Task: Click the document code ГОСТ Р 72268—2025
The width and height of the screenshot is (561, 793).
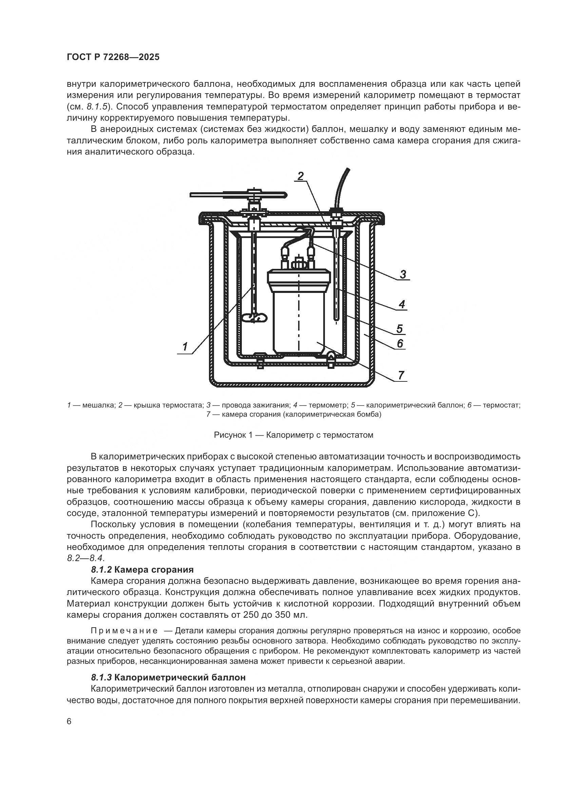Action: pyautogui.click(x=113, y=57)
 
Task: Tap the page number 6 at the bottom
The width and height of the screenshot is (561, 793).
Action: pyautogui.click(x=69, y=722)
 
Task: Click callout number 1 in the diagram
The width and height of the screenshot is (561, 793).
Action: pyautogui.click(x=185, y=346)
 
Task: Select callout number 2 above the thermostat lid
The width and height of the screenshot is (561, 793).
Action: pyautogui.click(x=301, y=176)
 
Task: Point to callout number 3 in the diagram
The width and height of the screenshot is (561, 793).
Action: pyautogui.click(x=403, y=275)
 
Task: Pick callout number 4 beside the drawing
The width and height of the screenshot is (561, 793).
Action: pyautogui.click(x=401, y=304)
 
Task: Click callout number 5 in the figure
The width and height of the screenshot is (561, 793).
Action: pyautogui.click(x=399, y=329)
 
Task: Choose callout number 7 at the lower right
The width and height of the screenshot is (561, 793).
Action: pyautogui.click(x=401, y=375)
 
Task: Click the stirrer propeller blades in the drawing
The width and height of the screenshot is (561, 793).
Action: pyautogui.click(x=254, y=317)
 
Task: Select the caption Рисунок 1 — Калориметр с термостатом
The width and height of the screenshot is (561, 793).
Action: pyautogui.click(x=294, y=435)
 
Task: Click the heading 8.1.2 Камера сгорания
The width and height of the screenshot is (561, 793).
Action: pyautogui.click(x=142, y=570)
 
